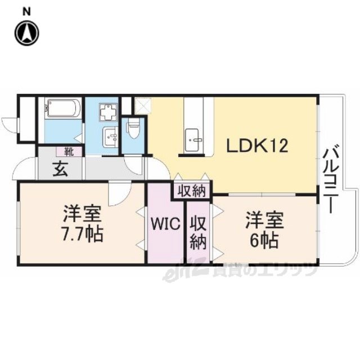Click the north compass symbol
point(27,33)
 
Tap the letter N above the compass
point(27,12)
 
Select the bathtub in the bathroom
point(63,107)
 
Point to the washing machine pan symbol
point(108,112)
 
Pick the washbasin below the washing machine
point(110,137)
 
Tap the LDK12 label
point(258,146)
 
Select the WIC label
point(165,223)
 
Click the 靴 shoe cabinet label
point(69,151)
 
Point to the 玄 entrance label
point(60,169)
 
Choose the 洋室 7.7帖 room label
point(83,223)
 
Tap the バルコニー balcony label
point(331,181)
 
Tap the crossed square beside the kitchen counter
point(143,105)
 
